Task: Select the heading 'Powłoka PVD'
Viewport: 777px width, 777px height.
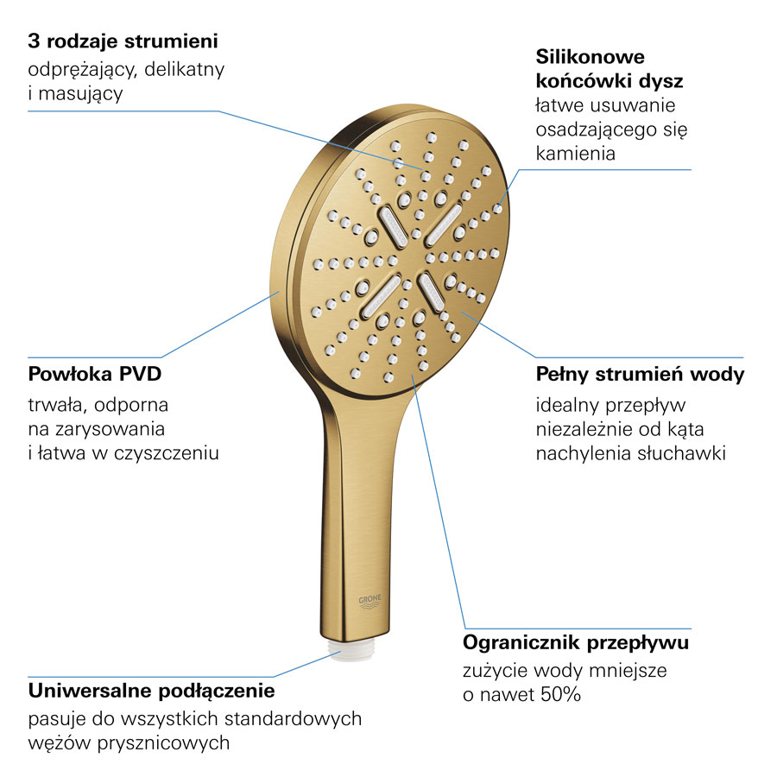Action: [95, 375]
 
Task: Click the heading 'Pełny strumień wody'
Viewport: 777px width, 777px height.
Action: [640, 375]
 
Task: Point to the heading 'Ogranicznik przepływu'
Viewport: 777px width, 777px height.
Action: [576, 643]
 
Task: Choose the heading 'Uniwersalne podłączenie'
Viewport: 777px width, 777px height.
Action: [152, 691]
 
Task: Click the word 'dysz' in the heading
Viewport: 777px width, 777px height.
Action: [661, 81]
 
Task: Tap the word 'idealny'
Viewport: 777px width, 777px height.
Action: [567, 405]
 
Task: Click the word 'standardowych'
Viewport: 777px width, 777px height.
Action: [297, 718]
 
